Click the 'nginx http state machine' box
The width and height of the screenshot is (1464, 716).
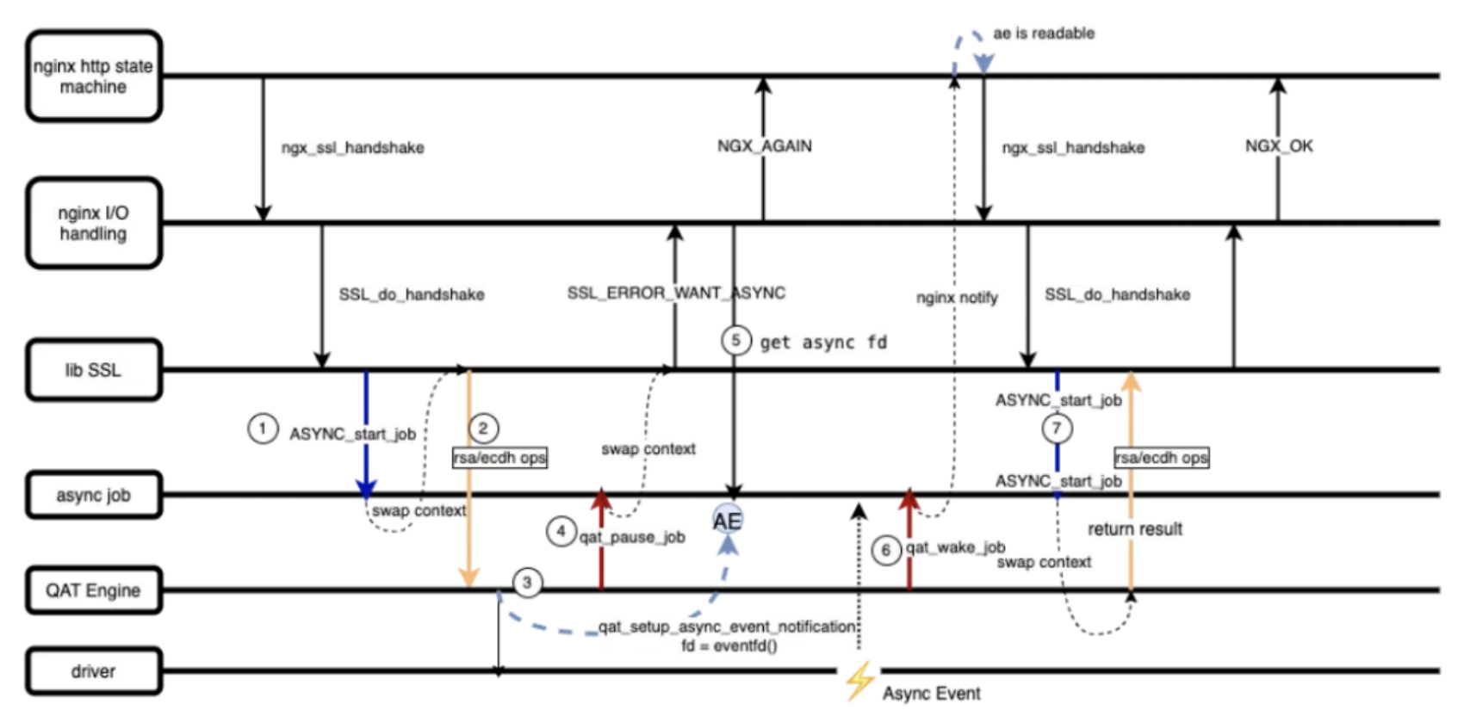coord(93,76)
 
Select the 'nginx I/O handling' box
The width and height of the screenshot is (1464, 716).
coord(93,223)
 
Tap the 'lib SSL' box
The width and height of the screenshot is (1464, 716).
coord(93,370)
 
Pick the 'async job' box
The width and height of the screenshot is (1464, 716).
coord(93,495)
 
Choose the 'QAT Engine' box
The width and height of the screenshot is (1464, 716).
coord(93,590)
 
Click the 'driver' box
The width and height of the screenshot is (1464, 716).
coord(93,671)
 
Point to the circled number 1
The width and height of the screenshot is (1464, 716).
coord(263,428)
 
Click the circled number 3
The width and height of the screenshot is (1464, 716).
coord(527,583)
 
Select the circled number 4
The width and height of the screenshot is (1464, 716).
coord(561,531)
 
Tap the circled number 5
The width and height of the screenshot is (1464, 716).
coord(735,340)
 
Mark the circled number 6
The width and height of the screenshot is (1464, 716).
coord(885,550)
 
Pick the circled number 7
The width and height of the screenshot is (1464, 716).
coord(1057,428)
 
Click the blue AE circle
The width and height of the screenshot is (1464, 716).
coord(728,520)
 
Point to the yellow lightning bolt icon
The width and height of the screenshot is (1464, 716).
coord(859,680)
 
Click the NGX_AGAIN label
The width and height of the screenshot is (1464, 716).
coord(764,146)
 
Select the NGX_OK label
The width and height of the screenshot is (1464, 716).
coord(1279,146)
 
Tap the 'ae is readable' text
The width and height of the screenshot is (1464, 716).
coord(1044,34)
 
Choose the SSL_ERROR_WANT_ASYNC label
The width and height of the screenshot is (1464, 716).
coord(676,293)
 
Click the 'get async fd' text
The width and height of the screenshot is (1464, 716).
coord(822,343)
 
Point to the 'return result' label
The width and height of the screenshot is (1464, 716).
coord(1135,529)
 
